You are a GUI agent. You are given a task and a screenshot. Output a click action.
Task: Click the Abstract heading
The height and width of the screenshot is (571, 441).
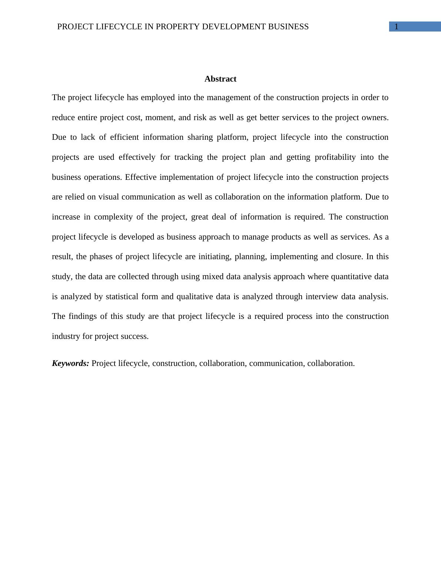click(x=220, y=79)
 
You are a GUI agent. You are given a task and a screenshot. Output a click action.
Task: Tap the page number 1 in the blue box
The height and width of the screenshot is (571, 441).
click(x=397, y=27)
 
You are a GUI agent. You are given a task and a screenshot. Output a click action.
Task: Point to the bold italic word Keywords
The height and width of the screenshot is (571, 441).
click(x=70, y=363)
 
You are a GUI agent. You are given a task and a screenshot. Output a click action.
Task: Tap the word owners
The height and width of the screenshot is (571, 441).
click(x=374, y=118)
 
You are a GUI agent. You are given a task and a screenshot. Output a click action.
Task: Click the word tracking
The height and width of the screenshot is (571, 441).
click(x=188, y=157)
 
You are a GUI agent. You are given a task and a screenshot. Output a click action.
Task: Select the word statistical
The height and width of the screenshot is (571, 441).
click(x=122, y=297)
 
